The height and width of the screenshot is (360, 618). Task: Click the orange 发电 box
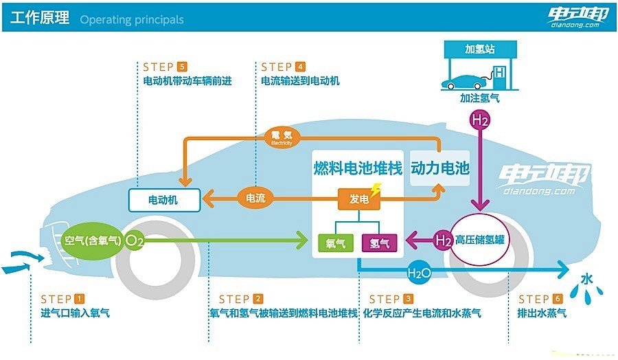[358, 199]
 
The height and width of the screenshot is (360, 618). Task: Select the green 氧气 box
[335, 243]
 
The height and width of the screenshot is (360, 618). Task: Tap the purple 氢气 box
[379, 243]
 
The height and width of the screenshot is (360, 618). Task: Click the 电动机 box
[164, 200]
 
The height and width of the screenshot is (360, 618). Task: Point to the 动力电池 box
[440, 168]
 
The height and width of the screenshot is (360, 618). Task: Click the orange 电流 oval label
[255, 198]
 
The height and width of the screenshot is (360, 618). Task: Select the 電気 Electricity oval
[282, 137]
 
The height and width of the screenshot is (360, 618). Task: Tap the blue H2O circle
[419, 272]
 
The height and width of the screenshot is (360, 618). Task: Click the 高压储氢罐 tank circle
[478, 239]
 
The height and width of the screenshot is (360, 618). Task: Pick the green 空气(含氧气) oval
[92, 240]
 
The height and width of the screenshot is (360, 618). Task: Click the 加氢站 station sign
[480, 49]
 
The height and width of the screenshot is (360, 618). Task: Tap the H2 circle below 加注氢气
[480, 120]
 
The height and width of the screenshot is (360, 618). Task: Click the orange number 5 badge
[182, 67]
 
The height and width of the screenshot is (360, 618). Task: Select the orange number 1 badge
[79, 298]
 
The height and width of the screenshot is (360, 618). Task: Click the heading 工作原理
[40, 18]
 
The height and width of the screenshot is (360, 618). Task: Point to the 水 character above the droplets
[587, 280]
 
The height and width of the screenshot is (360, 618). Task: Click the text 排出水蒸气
[542, 313]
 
